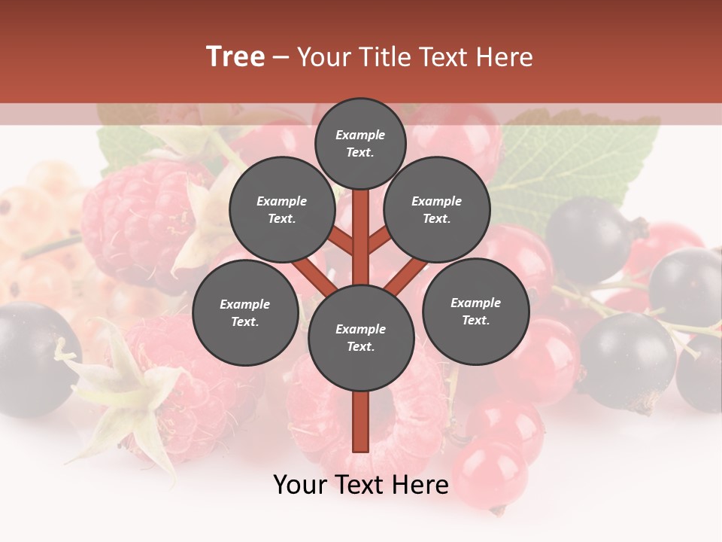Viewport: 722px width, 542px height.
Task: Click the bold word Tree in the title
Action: pyautogui.click(x=235, y=56)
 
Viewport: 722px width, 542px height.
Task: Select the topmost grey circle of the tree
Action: pyautogui.click(x=360, y=143)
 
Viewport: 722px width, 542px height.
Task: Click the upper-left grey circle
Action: pyautogui.click(x=282, y=209)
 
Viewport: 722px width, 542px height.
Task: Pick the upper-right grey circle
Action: pyautogui.click(x=437, y=209)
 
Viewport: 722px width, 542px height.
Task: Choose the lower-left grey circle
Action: pyautogui.click(x=245, y=312)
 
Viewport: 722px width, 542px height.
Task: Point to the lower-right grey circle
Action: pyautogui.click(x=476, y=311)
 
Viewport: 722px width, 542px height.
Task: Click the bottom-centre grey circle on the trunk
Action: pyautogui.click(x=361, y=337)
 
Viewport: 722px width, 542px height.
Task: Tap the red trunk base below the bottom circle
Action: pyautogui.click(x=361, y=422)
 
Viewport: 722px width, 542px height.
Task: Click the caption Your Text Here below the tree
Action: pyautogui.click(x=361, y=485)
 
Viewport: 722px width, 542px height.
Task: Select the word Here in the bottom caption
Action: pyautogui.click(x=421, y=485)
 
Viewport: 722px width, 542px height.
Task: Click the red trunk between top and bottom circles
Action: pyautogui.click(x=361, y=233)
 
